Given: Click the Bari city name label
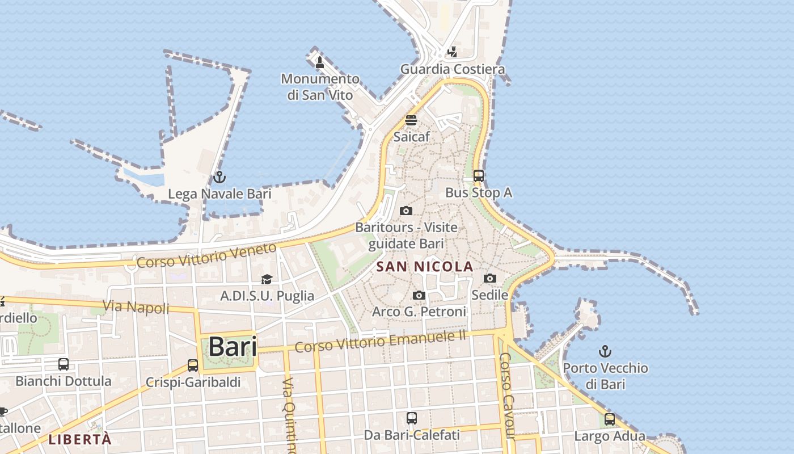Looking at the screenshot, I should point(233,347).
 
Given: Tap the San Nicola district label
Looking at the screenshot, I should point(425,266).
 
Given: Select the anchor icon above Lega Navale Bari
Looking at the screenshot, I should point(219,178).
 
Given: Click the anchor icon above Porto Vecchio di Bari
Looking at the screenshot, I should point(605,351).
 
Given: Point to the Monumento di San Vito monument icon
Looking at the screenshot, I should point(319,62).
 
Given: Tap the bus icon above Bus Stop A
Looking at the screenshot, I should point(479,176).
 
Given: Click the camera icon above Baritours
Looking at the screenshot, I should point(406,211).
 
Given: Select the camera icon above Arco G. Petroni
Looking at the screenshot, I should point(419,295).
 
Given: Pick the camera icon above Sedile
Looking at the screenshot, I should point(489,278).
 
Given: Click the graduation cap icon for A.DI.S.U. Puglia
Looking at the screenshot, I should point(267,279).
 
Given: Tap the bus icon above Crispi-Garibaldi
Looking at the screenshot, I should point(193,365).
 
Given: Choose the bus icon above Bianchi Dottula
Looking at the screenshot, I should point(64,364).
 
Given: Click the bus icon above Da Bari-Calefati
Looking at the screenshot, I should point(412,418).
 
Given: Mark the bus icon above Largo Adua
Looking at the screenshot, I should point(610,419).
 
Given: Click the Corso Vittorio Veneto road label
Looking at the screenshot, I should point(207,256).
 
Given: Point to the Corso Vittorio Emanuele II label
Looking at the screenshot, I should point(380,341).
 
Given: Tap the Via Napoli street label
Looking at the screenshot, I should point(136,308).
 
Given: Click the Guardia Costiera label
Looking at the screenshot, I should point(453,69).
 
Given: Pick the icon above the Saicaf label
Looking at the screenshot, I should point(411,120).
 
